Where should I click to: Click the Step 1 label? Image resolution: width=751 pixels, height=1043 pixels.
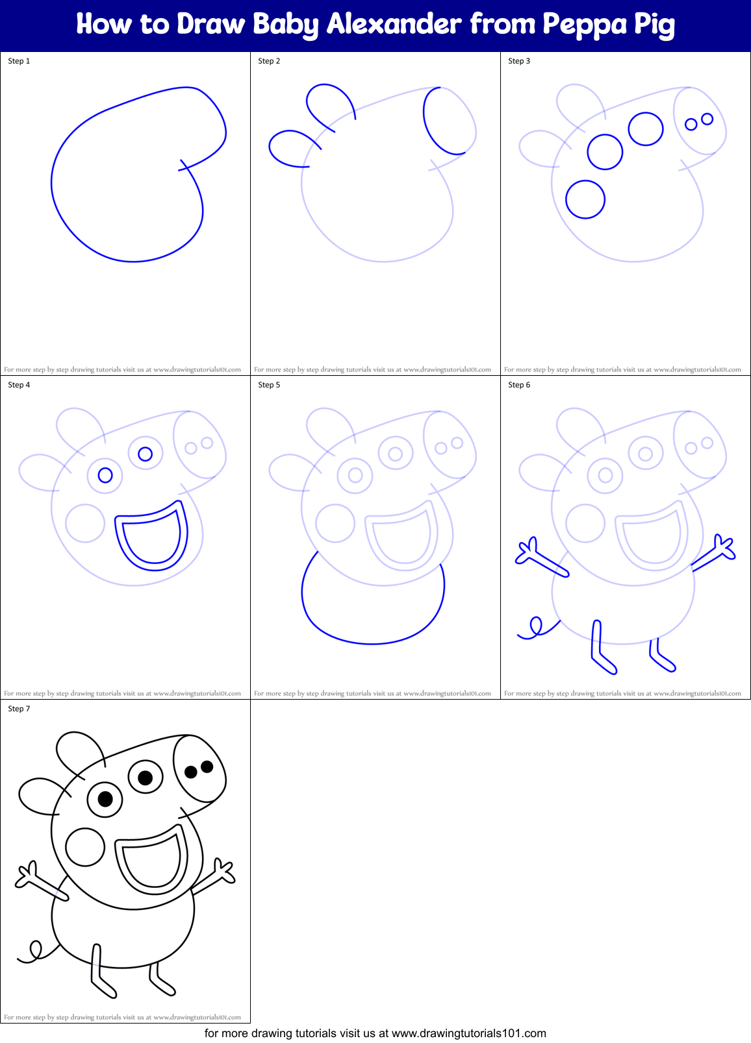pos(19,61)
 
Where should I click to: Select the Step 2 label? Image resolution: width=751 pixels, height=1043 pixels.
pos(269,61)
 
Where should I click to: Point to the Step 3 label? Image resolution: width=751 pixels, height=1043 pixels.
pos(519,61)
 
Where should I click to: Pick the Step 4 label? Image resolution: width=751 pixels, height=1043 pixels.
pos(19,385)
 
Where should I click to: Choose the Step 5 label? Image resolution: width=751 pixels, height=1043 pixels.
pos(269,385)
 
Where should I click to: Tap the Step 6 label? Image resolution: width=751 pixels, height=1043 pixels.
pos(519,385)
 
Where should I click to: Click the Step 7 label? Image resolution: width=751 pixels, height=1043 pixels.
pos(19,709)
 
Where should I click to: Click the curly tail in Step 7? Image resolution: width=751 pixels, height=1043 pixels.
pos(32,952)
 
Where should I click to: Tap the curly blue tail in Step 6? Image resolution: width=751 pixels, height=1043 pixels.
pos(535,628)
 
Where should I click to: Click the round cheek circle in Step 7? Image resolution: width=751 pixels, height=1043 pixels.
pos(85,847)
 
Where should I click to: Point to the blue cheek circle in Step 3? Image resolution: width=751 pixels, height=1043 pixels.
pos(585,199)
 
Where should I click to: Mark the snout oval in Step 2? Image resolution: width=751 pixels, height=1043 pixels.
pos(448,121)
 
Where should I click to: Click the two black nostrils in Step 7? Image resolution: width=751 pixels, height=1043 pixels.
pos(199,769)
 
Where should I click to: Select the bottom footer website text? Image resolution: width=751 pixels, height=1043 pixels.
pos(375,1033)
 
